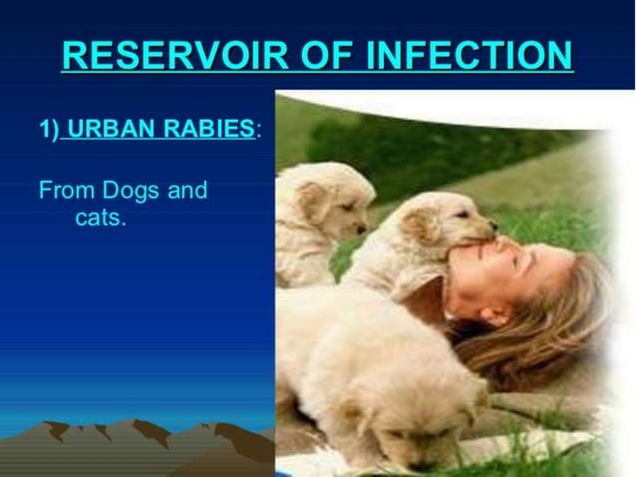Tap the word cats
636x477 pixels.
pos(100,218)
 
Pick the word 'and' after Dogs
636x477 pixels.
pos(187,190)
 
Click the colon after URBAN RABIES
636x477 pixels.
pos(259,131)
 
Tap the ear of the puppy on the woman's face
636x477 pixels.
pos(424,226)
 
